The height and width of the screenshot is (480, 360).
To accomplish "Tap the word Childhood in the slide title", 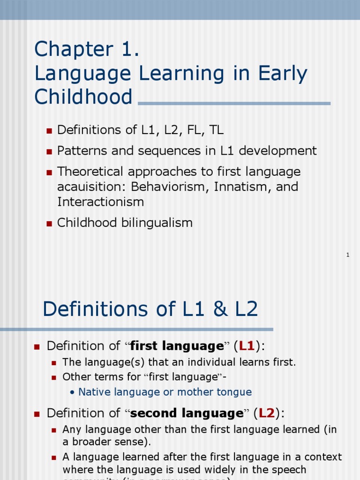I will pos(83,97).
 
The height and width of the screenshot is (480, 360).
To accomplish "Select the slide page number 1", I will pos(348,255).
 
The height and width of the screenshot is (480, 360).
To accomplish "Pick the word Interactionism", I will pos(100,202).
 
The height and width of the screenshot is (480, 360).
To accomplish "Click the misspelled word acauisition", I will pos(92,187).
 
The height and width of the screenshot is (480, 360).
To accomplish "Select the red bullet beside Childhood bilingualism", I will pos(49,224).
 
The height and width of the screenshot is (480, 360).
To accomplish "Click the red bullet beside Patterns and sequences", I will pos(49,152).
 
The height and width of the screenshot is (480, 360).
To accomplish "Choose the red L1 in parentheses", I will pos(247,346).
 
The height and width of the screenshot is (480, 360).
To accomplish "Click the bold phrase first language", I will pos(177,346).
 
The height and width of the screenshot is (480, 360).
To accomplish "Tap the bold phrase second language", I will pos(187,413).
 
